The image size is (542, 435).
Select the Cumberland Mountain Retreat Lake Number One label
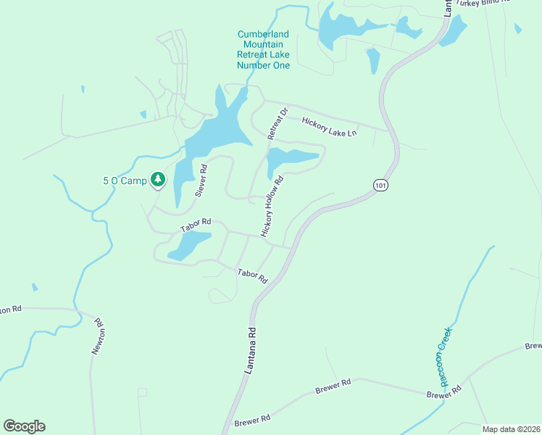pos(263,50)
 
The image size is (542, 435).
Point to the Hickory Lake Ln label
pos(330,128)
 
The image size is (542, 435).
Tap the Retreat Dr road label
pos(278,123)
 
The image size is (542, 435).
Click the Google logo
pos(24,426)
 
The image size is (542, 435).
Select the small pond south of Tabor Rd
pos(190,245)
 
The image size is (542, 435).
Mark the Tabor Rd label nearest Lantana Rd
pos(253,275)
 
